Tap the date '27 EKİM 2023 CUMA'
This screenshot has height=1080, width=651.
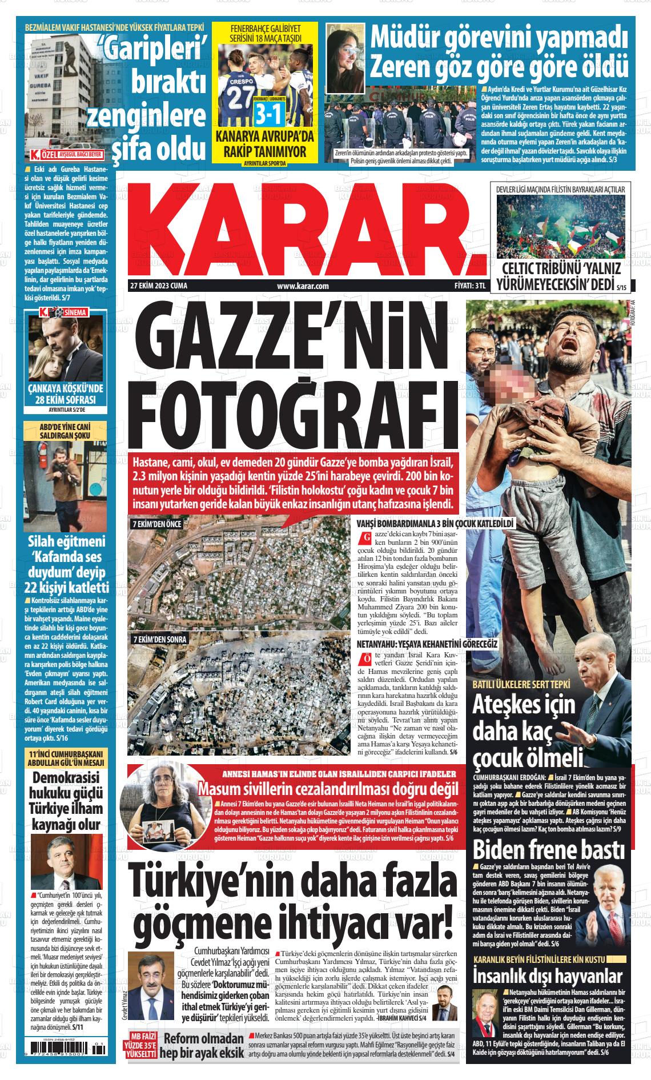click(x=159, y=286)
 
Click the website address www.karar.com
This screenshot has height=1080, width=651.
click(x=303, y=286)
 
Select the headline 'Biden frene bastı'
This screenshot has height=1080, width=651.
click(x=549, y=850)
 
